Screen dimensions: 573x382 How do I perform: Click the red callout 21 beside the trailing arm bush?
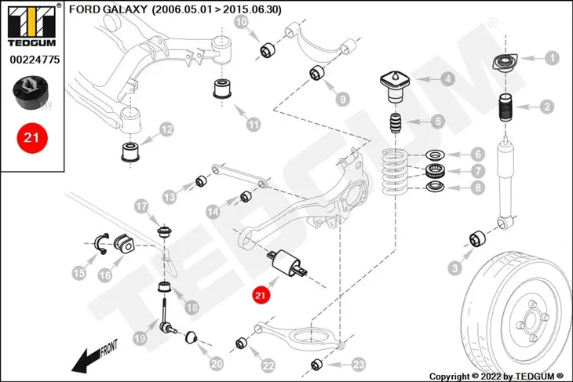click(260, 295)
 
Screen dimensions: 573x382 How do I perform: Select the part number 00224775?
click(35, 60)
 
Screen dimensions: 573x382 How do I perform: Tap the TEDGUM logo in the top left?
click(32, 26)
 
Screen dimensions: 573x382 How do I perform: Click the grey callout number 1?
click(552, 58)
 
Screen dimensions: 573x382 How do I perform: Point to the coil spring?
click(394, 172)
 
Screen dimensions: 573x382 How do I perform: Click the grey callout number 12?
click(166, 129)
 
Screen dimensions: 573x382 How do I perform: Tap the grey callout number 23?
click(358, 364)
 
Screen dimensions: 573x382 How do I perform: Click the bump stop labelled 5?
click(396, 124)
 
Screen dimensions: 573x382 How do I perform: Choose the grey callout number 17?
click(141, 206)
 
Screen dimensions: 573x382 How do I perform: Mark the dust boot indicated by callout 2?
click(505, 108)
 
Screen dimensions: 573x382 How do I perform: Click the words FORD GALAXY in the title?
click(108, 9)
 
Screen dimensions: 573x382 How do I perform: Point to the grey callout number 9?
click(342, 99)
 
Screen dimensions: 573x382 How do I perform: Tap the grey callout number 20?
click(217, 363)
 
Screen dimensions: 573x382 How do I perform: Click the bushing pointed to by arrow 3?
click(477, 238)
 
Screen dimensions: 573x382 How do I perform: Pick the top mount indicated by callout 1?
click(505, 63)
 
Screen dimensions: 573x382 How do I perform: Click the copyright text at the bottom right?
click(496, 377)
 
